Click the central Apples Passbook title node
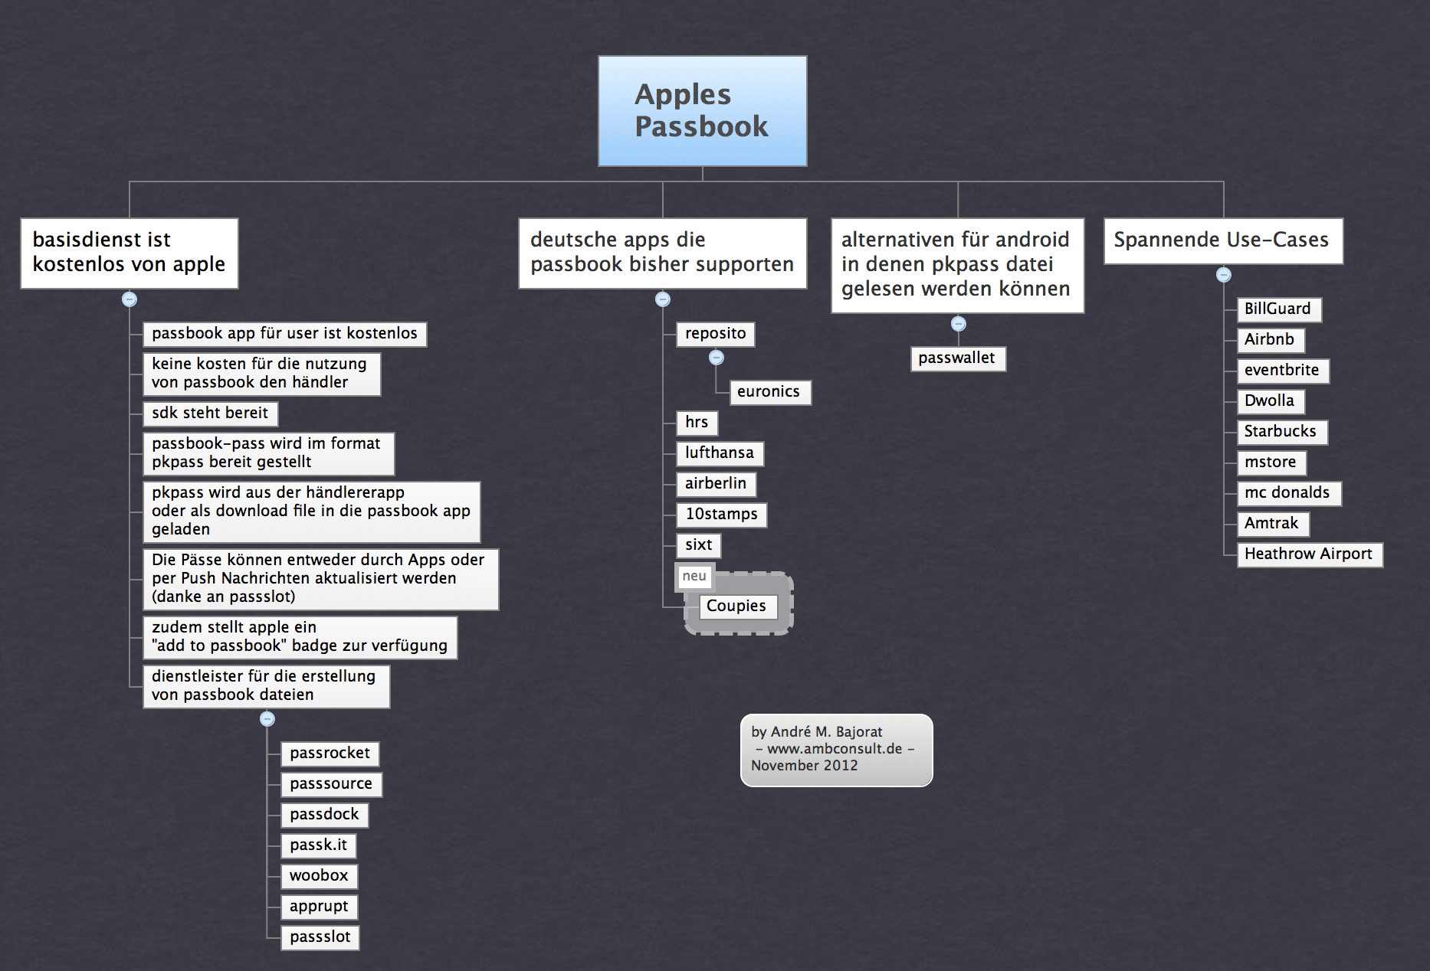click(702, 111)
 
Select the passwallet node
click(958, 358)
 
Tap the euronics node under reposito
click(769, 392)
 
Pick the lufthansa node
click(720, 453)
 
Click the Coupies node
click(737, 606)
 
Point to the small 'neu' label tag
click(694, 577)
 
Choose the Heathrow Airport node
click(1310, 554)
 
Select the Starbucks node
click(1282, 432)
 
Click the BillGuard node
click(1279, 309)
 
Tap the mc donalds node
click(1289, 493)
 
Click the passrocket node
click(330, 754)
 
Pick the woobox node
click(320, 876)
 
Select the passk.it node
click(319, 845)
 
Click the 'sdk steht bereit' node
click(211, 414)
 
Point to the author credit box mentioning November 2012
click(836, 750)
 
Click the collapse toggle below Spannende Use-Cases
click(1224, 275)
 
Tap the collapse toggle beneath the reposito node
click(717, 358)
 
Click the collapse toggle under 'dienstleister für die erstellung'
click(267, 719)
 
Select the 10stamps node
click(721, 515)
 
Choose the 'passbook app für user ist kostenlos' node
click(285, 334)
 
